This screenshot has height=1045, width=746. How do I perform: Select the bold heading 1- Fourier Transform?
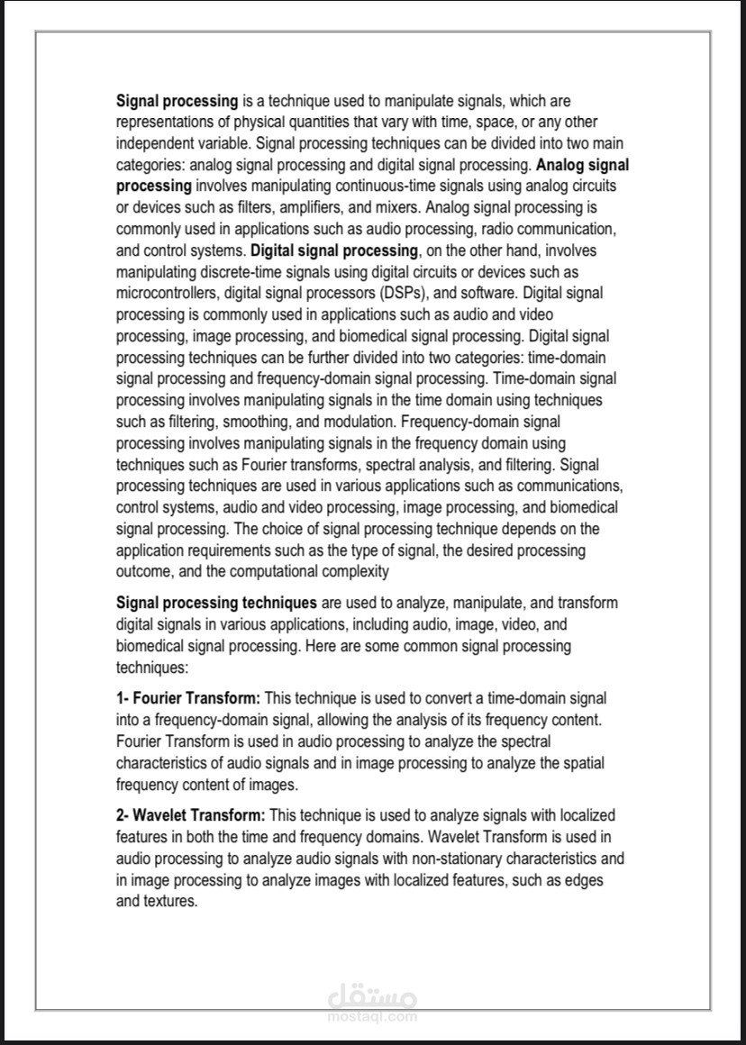click(x=188, y=698)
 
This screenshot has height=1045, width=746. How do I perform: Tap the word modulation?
click(x=353, y=421)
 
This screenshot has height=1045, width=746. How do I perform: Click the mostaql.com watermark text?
click(x=372, y=1016)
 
